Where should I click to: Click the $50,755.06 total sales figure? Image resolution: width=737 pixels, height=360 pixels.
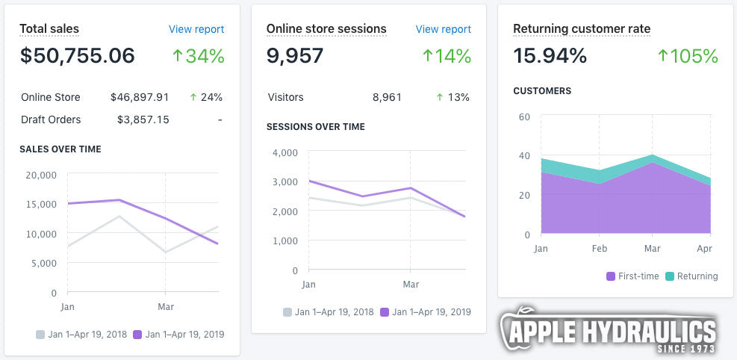tap(77, 56)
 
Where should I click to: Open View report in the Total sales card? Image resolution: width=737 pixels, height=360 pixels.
tap(196, 29)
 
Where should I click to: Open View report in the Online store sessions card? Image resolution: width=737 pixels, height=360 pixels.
tap(444, 29)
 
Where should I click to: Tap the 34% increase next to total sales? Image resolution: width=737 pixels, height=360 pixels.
tap(198, 56)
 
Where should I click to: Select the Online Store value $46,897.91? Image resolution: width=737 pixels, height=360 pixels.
tap(140, 97)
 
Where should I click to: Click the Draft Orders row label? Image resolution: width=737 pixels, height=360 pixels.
tap(51, 120)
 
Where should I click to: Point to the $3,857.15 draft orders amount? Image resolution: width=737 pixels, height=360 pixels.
tap(143, 120)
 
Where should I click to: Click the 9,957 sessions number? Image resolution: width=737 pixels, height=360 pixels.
tap(295, 56)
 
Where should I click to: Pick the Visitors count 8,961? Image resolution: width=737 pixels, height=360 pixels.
tap(387, 97)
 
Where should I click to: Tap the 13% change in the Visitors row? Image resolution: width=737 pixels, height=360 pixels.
tap(453, 97)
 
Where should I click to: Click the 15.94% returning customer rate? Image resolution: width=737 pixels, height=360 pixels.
tap(550, 56)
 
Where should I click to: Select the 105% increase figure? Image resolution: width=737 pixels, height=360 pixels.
tap(688, 56)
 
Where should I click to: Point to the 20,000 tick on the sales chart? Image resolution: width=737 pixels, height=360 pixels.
tap(41, 175)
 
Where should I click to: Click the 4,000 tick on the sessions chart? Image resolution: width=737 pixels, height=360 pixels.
tap(284, 152)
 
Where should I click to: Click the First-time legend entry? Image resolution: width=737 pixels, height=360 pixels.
tap(632, 276)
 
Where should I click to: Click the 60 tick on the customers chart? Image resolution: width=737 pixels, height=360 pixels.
tap(523, 117)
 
